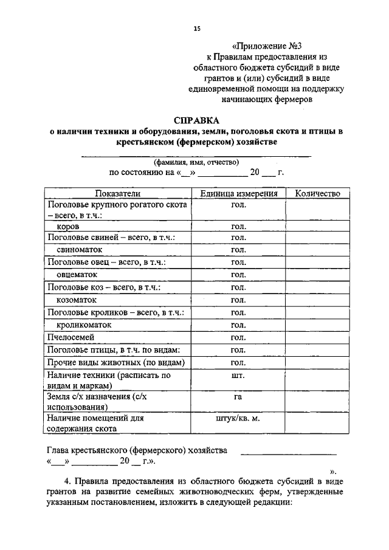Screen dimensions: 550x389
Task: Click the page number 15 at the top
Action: [x=196, y=29]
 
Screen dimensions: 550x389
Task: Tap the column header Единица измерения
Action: [x=238, y=193]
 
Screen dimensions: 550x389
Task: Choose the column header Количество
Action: [x=318, y=193]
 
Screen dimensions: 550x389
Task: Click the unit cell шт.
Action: [x=238, y=376]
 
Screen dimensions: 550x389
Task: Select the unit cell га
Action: [x=238, y=397]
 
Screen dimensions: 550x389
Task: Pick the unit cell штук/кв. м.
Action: [x=238, y=418]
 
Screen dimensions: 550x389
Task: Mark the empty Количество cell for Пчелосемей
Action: [x=318, y=338]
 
